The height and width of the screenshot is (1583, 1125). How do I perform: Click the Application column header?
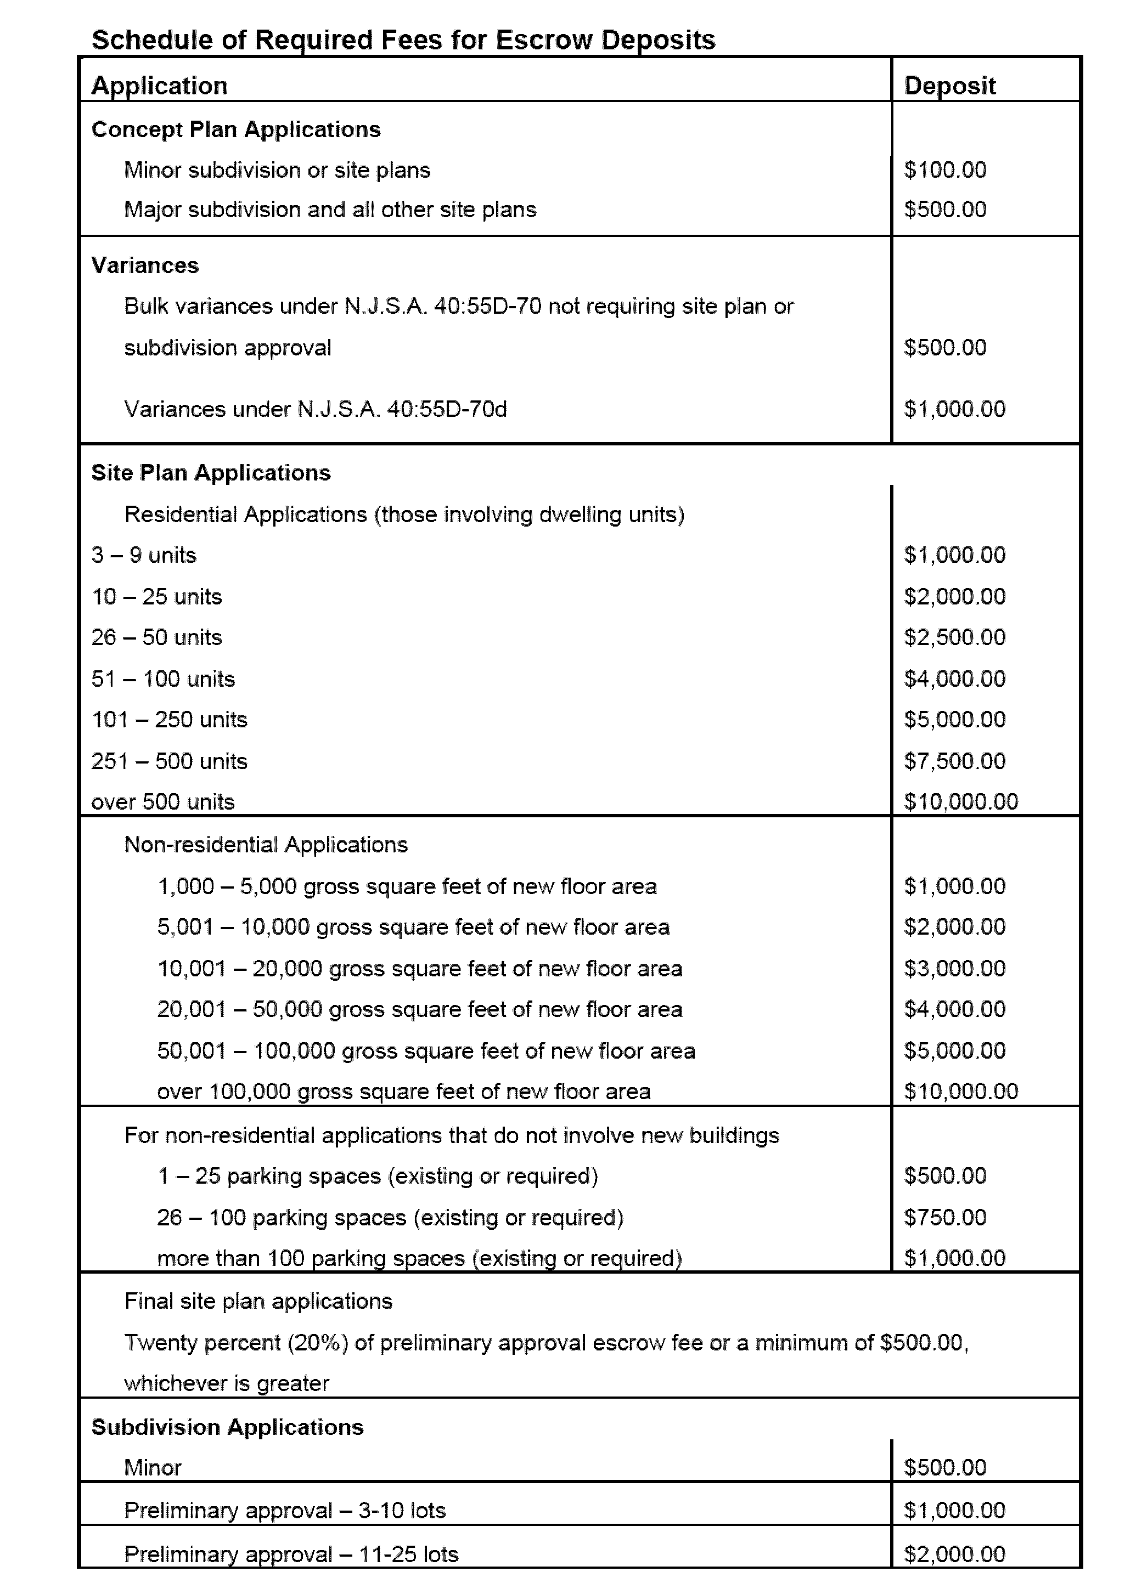click(x=159, y=86)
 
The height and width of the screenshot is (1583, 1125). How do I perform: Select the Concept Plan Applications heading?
click(x=235, y=129)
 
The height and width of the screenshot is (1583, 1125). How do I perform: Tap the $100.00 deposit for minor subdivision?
click(x=945, y=169)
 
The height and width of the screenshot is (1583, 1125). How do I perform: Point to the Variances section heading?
click(x=145, y=265)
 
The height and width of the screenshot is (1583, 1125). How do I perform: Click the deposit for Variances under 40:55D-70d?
click(x=954, y=409)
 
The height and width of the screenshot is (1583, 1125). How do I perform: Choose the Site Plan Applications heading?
click(x=211, y=472)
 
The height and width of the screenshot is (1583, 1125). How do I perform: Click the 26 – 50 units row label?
click(x=156, y=637)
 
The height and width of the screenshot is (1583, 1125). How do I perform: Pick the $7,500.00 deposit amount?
click(x=954, y=761)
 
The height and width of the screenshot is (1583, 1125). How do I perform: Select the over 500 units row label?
click(x=163, y=801)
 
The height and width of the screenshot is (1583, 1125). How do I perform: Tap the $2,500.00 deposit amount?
click(x=954, y=637)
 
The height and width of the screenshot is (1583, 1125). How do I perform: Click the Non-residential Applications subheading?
click(x=266, y=845)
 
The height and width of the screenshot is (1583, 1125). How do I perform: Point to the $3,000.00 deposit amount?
click(x=954, y=968)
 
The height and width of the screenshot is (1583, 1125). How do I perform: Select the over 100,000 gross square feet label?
click(x=403, y=1092)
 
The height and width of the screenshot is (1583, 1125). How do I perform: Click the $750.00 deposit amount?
click(x=945, y=1217)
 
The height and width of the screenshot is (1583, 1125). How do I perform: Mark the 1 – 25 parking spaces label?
click(x=378, y=1176)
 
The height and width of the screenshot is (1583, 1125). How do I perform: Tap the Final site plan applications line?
click(x=258, y=1301)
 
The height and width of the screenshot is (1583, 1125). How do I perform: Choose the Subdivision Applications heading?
click(x=227, y=1427)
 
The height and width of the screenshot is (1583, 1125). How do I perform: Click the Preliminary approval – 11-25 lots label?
click(x=291, y=1554)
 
